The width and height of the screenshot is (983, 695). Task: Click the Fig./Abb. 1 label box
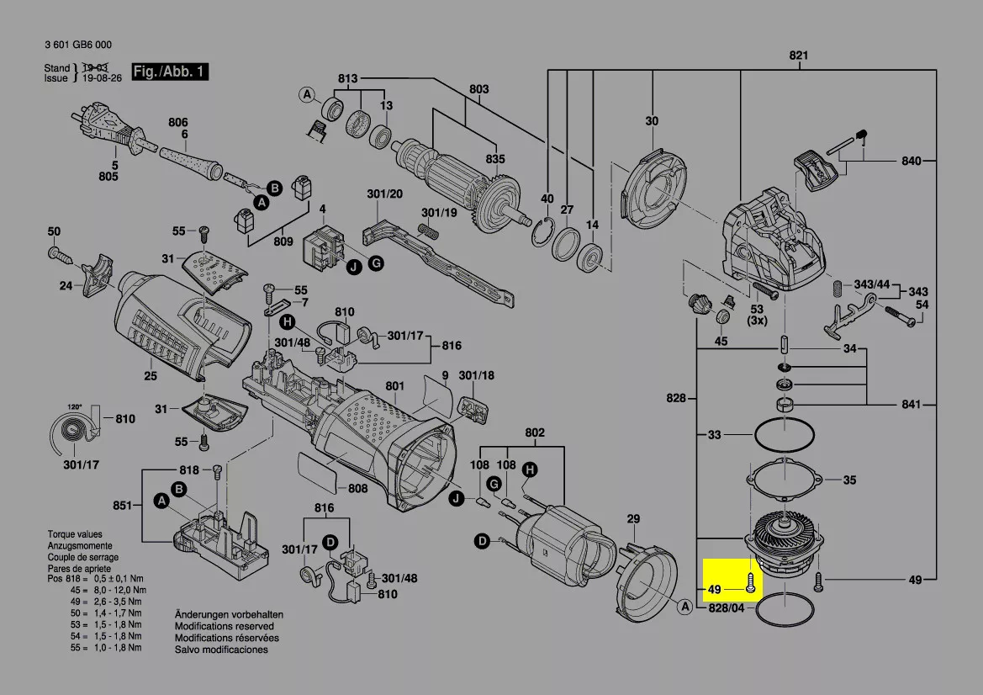pyautogui.click(x=170, y=72)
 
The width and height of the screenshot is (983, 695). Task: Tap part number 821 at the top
pyautogui.click(x=798, y=56)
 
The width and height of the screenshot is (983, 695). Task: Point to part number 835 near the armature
pyautogui.click(x=495, y=159)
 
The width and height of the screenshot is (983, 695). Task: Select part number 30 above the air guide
pyautogui.click(x=653, y=121)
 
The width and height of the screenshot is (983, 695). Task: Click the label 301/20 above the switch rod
pyautogui.click(x=385, y=194)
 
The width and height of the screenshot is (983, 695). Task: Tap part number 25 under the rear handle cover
pyautogui.click(x=151, y=375)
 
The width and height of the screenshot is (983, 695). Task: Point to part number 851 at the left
pyautogui.click(x=123, y=505)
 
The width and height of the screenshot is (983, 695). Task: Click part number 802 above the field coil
pyautogui.click(x=535, y=432)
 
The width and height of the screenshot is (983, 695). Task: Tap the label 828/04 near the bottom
pyautogui.click(x=726, y=607)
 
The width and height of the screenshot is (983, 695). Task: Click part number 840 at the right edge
pyautogui.click(x=912, y=161)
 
